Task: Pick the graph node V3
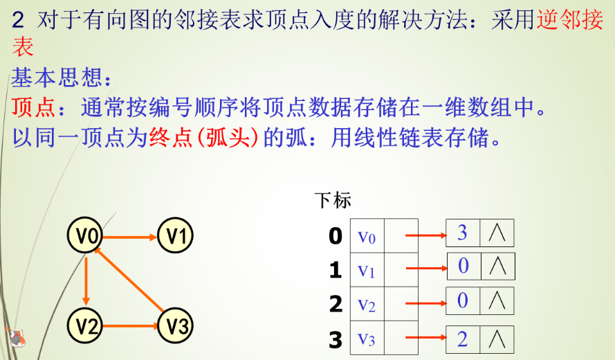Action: [x=176, y=325]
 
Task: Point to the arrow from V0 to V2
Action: [x=84, y=280]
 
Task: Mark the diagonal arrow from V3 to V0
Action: [x=131, y=280]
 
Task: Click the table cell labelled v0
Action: [x=367, y=236]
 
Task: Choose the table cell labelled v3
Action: [x=367, y=339]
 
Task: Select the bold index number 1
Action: [x=336, y=270]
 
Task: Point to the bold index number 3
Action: [x=336, y=340]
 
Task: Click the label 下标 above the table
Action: [x=333, y=201]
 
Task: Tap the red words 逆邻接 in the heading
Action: [x=569, y=21]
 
